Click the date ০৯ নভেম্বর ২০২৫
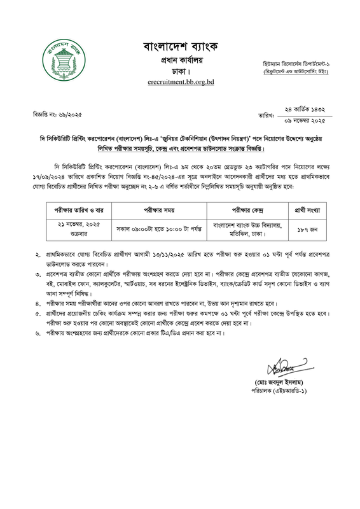tap(305, 120)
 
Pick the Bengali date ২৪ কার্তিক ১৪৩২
tap(305, 109)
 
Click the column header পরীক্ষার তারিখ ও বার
tap(76, 209)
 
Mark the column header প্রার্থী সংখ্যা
tap(310, 209)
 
